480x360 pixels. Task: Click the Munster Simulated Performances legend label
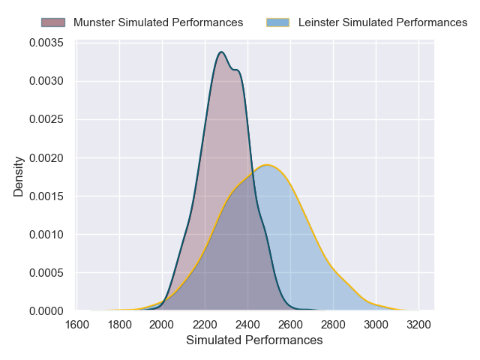click(x=157, y=22)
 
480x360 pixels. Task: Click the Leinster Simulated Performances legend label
click(x=382, y=22)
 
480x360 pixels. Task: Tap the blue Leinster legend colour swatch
click(x=278, y=22)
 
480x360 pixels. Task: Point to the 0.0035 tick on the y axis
click(x=47, y=43)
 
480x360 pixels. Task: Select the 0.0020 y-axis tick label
click(x=47, y=158)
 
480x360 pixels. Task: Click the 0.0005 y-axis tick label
click(x=47, y=273)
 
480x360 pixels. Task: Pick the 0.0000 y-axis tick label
click(x=47, y=311)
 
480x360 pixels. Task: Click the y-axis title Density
click(x=19, y=176)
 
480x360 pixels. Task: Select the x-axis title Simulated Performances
click(x=254, y=340)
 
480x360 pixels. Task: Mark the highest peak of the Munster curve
click(x=221, y=52)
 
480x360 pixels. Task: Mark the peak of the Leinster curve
click(x=266, y=165)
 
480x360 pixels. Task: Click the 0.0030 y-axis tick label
click(x=47, y=81)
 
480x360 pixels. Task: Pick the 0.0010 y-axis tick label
click(x=47, y=235)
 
